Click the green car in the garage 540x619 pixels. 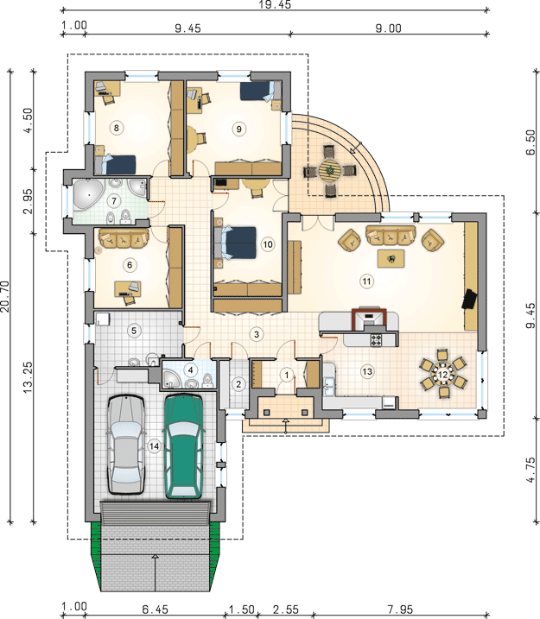(x=184, y=446)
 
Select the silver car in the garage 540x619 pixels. (x=126, y=444)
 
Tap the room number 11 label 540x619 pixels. (x=366, y=281)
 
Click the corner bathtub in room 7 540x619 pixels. (x=88, y=194)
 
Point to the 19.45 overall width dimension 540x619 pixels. (x=276, y=4)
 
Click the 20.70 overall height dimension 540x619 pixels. (x=4, y=296)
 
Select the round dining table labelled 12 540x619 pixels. (x=443, y=374)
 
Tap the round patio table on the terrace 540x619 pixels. (x=330, y=171)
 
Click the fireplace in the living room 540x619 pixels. (x=369, y=317)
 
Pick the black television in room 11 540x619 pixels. (x=469, y=299)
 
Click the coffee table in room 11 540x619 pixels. (x=391, y=259)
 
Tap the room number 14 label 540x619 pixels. (x=154, y=446)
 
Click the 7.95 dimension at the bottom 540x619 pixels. (x=399, y=610)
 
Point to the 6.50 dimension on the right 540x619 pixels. (x=531, y=142)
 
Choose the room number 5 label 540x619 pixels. (x=134, y=331)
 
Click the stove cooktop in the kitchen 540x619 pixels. (x=377, y=339)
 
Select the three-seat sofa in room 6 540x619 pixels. (x=124, y=239)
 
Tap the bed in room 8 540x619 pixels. (x=115, y=165)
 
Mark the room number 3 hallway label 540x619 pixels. (x=257, y=334)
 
